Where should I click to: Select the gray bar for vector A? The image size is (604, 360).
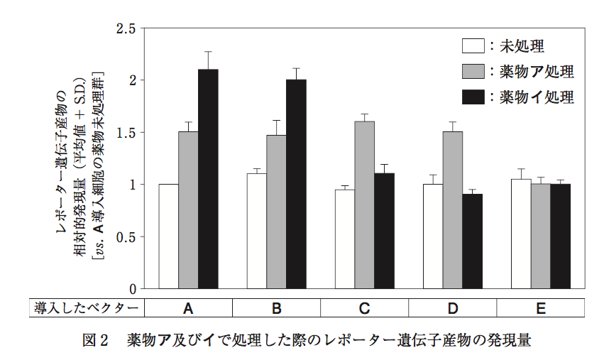tap(188, 210)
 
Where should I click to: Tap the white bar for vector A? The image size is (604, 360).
tap(169, 236)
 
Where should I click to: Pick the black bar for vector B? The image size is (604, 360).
tap(296, 184)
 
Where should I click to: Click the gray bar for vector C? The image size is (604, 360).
tap(364, 205)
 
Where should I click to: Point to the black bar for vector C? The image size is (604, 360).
tap(384, 231)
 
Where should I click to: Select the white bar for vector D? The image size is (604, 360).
tap(433, 236)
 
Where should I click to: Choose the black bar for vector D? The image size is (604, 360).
tap(472, 241)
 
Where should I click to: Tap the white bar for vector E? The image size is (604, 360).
tap(521, 234)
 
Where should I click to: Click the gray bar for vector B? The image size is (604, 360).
tap(276, 212)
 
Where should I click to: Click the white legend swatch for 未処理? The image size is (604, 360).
tap(473, 47)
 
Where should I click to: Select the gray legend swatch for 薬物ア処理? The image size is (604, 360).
tap(473, 71)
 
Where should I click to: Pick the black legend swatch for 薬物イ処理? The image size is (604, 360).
tap(473, 96)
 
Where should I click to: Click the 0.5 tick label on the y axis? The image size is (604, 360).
tap(126, 237)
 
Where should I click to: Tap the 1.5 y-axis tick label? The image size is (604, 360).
tap(126, 133)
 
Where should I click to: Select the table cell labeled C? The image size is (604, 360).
tap(365, 308)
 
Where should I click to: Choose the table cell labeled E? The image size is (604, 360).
tap(541, 308)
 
